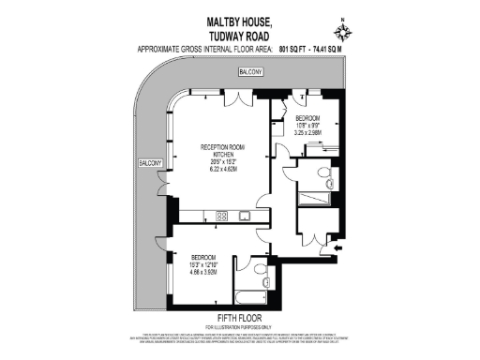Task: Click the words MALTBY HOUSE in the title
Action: [240, 19]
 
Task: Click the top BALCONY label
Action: [250, 72]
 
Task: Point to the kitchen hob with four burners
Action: [223, 217]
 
